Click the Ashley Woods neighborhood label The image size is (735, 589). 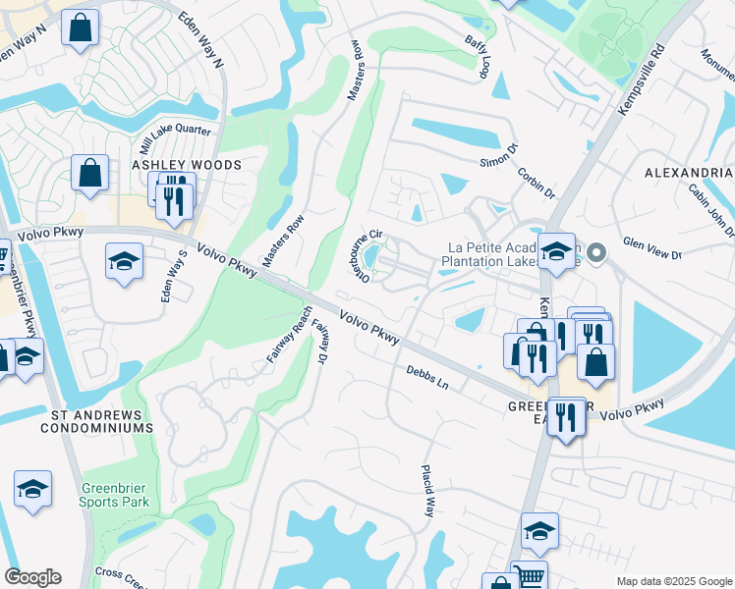187,165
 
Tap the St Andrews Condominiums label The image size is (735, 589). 102,421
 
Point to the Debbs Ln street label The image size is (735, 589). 427,377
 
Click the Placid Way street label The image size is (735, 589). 429,491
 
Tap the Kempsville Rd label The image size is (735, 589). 642,80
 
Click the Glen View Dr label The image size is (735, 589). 652,248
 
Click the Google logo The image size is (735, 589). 32,577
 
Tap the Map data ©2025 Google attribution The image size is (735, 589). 673,581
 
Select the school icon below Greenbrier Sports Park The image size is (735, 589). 32,490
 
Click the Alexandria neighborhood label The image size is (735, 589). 689,172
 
